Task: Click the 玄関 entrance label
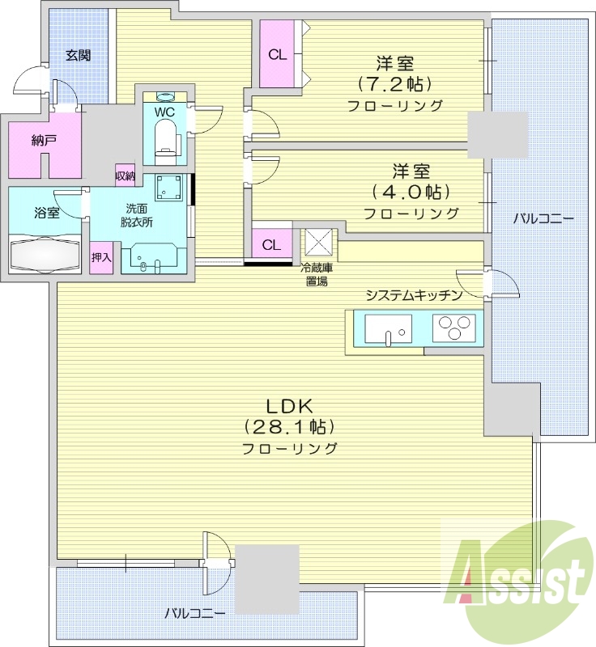(78, 56)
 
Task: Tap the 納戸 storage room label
(44, 142)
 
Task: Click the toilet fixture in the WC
(166, 139)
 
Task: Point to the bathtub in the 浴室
(45, 255)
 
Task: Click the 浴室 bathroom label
(46, 214)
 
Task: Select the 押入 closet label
(101, 258)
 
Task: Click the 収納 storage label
(125, 175)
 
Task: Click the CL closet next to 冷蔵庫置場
(271, 244)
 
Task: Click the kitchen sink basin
(387, 330)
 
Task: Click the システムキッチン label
(413, 295)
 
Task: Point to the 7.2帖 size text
(394, 83)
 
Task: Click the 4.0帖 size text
(411, 192)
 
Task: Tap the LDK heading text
(289, 406)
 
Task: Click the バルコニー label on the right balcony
(543, 219)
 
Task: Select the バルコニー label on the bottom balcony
(194, 614)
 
